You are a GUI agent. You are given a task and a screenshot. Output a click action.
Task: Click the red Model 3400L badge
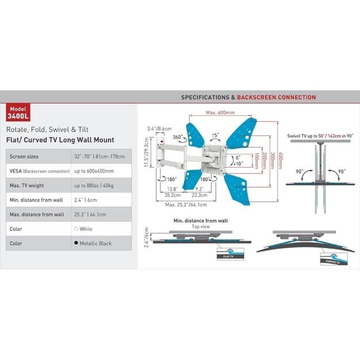tap(18, 111)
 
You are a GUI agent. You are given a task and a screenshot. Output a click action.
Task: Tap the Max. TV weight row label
tap(28, 185)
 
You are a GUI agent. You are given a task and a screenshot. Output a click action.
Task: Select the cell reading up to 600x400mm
tap(93, 171)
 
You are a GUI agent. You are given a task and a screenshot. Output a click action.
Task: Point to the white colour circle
tap(77, 229)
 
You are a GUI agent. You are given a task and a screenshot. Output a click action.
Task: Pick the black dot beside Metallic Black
tap(77, 243)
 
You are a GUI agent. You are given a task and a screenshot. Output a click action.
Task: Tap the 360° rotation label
tap(179, 138)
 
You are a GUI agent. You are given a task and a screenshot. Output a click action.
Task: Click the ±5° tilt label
tap(215, 135)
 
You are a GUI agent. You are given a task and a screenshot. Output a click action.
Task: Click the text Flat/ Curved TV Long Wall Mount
tap(60, 139)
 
